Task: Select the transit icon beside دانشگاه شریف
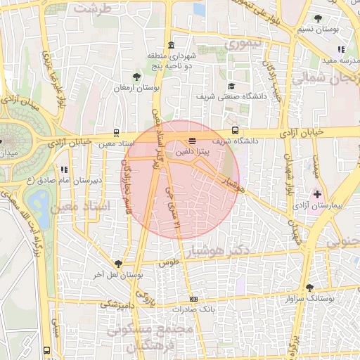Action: (x=235, y=131)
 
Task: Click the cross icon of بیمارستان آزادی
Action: (x=317, y=193)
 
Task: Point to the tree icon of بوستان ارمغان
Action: (x=136, y=76)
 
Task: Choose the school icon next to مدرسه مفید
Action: (x=341, y=49)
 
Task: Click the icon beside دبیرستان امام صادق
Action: (x=64, y=169)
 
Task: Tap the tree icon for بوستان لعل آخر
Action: (x=117, y=264)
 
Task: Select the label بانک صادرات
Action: (x=213, y=308)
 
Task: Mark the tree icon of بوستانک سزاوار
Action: (x=310, y=287)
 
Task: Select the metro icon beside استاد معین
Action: (x=116, y=132)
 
